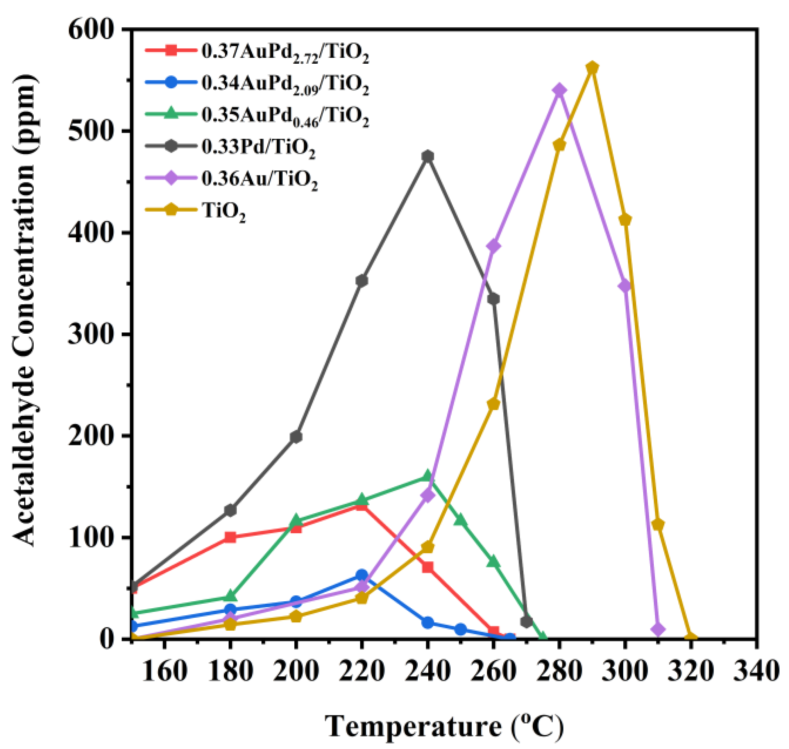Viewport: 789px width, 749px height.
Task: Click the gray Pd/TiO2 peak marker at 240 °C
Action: [x=428, y=156]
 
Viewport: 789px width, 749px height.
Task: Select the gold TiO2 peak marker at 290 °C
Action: [x=592, y=68]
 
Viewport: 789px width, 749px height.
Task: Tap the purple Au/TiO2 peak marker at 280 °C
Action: [x=559, y=90]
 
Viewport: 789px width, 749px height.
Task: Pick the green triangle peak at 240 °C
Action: [x=428, y=476]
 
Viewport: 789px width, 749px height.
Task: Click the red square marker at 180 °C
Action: [x=230, y=537]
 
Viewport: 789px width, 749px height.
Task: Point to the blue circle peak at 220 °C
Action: [x=362, y=575]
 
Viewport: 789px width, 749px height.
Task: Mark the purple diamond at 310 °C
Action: [x=658, y=629]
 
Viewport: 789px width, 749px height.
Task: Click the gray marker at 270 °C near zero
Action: [x=526, y=622]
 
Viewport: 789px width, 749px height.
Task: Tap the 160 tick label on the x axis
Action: [x=164, y=672]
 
